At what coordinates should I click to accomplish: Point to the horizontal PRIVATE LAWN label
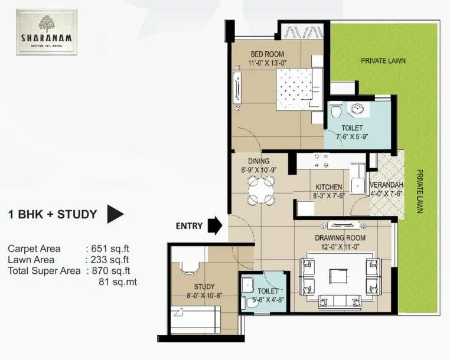383,60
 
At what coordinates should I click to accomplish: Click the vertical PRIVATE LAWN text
420,192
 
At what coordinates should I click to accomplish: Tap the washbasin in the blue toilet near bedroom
358,109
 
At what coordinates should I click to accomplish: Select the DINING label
259,161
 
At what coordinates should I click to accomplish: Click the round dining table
260,189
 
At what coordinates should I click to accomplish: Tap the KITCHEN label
328,187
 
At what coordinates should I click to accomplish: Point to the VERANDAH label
386,184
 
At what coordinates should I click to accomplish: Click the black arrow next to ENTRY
216,225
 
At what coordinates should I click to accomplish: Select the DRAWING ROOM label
340,237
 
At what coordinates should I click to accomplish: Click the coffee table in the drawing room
339,276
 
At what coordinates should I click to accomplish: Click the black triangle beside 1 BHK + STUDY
115,214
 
